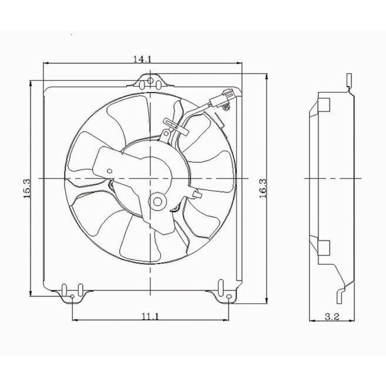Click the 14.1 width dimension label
pyautogui.click(x=142, y=59)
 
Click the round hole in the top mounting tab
pyautogui.click(x=150, y=81)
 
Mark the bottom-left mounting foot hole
pyautogui.click(x=72, y=297)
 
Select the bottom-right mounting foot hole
pyautogui.click(x=229, y=297)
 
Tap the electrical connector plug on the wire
pyautogui.click(x=221, y=99)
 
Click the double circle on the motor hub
pyautogui.click(x=157, y=201)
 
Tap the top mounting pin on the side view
pyautogui.click(x=349, y=80)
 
